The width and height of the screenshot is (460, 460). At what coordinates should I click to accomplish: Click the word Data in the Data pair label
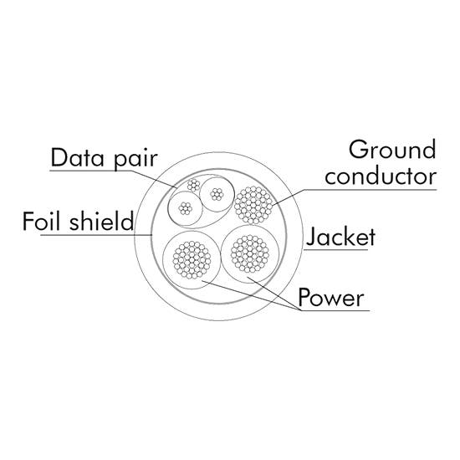tap(78, 157)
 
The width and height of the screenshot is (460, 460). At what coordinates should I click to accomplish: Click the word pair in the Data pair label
tap(136, 159)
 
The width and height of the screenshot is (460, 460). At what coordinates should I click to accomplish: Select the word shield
tap(102, 221)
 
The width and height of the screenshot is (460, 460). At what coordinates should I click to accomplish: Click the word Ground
tap(392, 150)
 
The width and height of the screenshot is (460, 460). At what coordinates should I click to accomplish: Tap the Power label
tap(331, 297)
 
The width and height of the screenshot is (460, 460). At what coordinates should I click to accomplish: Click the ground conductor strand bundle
tap(253, 205)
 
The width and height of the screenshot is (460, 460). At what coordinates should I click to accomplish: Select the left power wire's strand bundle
tap(192, 259)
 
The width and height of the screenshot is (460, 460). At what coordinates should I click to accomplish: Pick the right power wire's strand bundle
tap(250, 253)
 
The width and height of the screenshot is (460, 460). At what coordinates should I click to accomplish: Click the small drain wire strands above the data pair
tap(194, 185)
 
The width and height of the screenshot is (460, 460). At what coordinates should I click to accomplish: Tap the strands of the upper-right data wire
tap(217, 194)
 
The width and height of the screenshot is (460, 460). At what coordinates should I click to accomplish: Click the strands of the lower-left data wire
tap(185, 208)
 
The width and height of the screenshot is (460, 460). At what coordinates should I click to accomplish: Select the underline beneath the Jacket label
tap(335, 250)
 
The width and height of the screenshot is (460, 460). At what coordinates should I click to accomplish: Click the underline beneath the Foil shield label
tap(96, 235)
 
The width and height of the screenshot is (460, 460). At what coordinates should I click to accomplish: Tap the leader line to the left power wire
tap(252, 295)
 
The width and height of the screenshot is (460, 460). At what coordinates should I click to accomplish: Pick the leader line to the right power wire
tap(274, 294)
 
